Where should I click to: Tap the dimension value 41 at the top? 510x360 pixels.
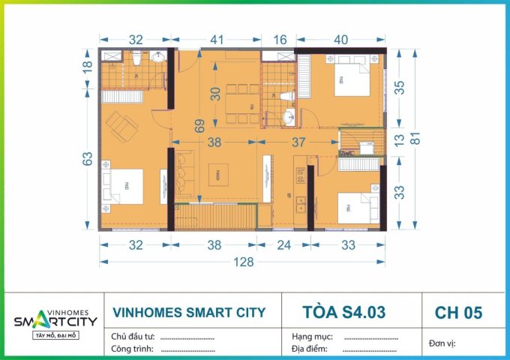tap(217, 41)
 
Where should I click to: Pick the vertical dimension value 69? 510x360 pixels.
tap(199, 126)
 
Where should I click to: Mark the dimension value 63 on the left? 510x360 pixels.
tap(87, 159)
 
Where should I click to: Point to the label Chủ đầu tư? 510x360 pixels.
tap(133, 337)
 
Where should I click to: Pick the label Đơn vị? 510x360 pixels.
tap(442, 343)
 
